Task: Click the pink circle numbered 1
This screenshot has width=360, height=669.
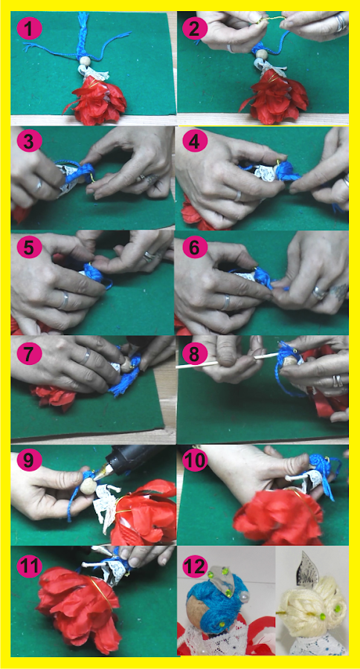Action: coord(29,30)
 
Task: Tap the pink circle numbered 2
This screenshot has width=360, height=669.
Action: coord(195,30)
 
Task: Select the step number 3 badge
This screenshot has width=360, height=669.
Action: coord(29,142)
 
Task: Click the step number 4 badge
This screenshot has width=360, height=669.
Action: coord(195,142)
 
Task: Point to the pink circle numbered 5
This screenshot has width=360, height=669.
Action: coord(29,246)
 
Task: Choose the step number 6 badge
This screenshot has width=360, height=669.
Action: coord(195,246)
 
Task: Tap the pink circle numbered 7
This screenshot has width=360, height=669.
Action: coord(29,354)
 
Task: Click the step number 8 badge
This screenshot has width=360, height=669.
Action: coord(195,354)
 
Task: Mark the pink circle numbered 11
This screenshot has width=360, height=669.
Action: coord(29,567)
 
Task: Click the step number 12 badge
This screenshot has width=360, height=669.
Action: coord(195,567)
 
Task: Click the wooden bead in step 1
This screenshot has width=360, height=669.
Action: coord(86,62)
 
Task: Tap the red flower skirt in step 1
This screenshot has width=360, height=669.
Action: coord(97,100)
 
